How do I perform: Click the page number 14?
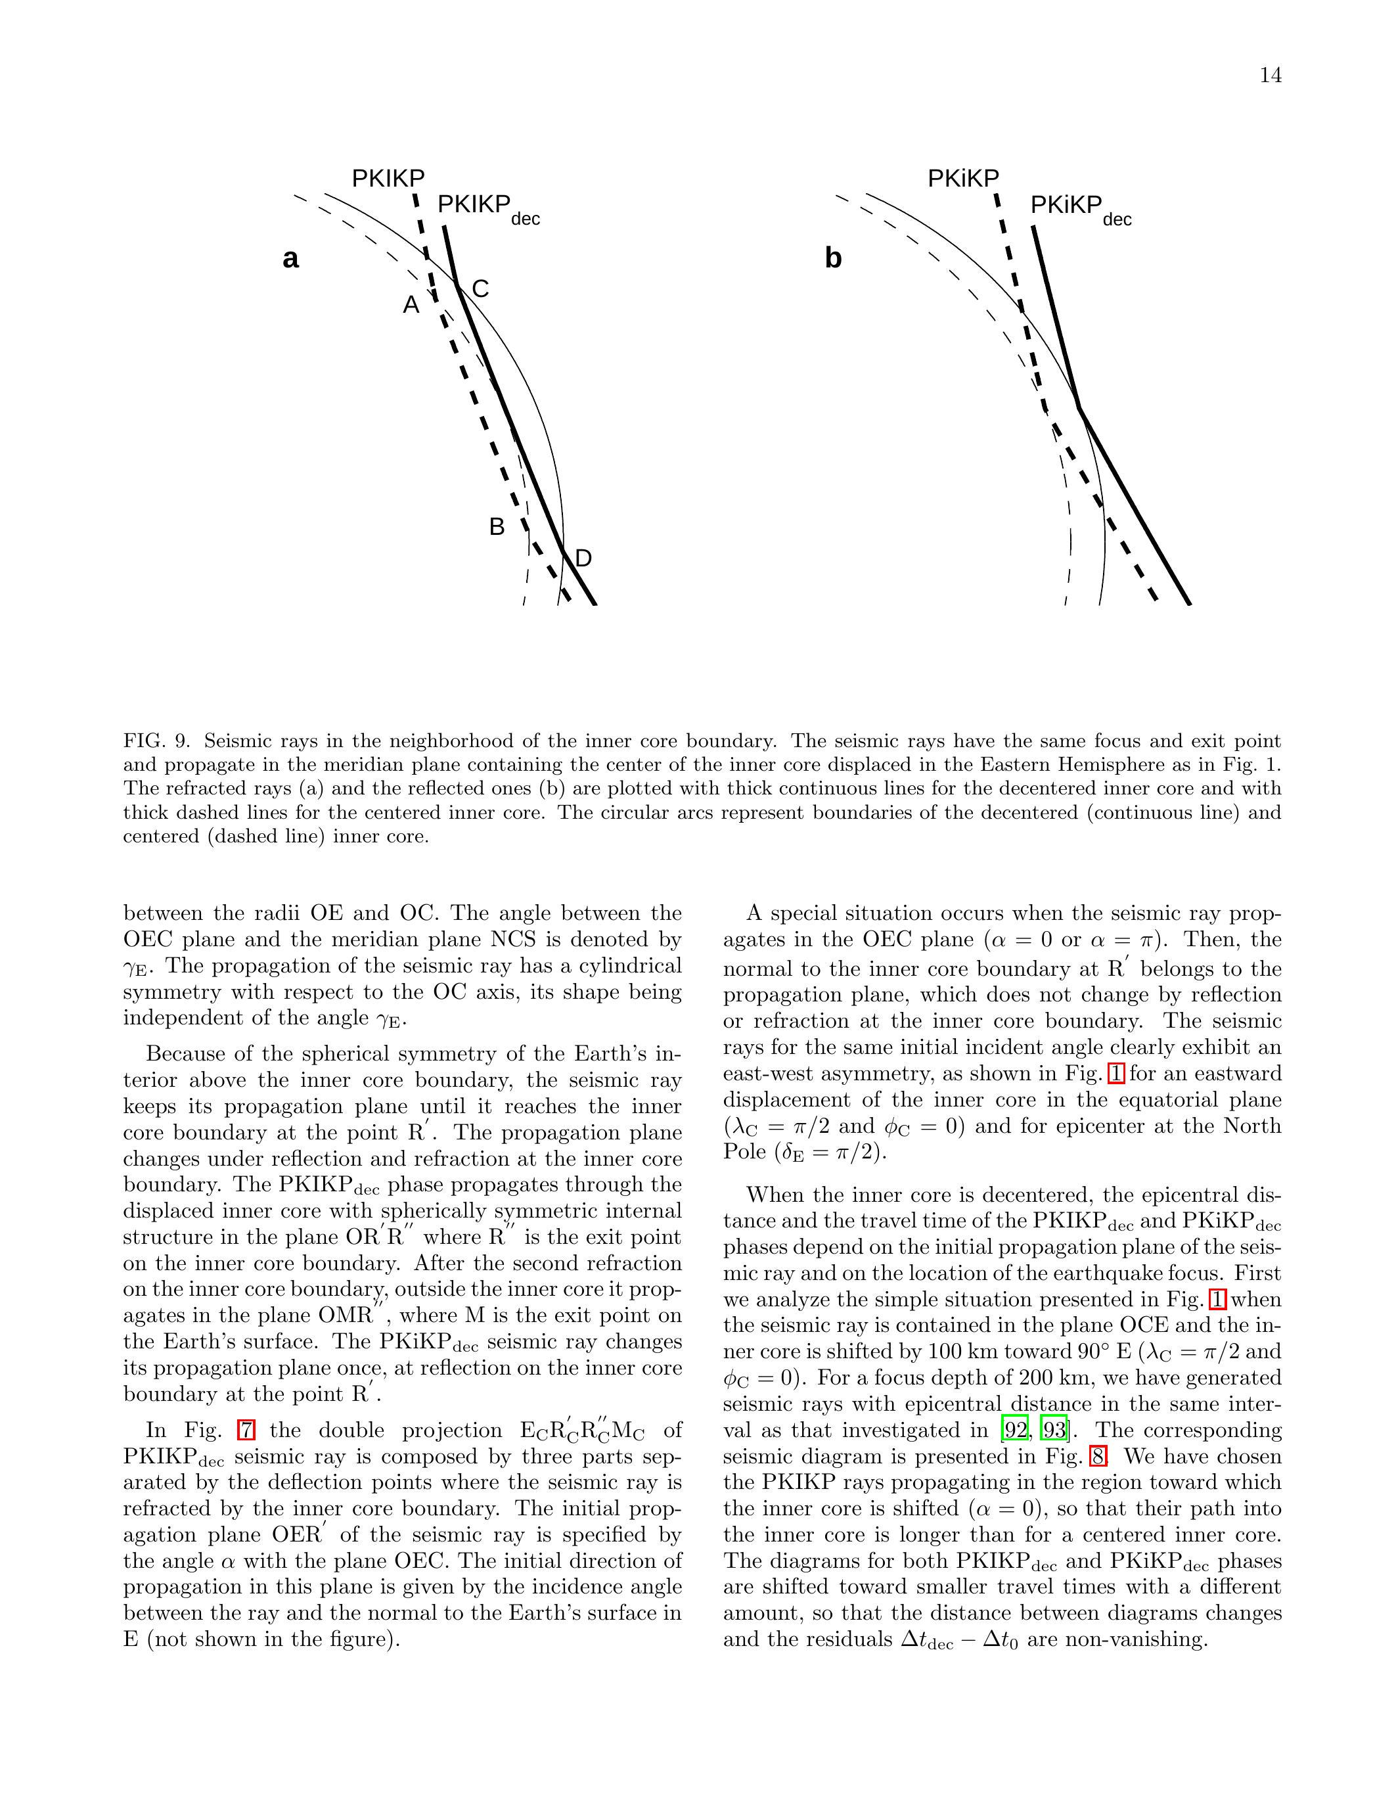[1271, 76]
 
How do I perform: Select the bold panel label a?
[290, 259]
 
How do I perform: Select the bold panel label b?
[833, 259]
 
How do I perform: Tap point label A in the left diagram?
[411, 306]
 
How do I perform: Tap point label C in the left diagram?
[480, 288]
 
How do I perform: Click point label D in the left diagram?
[583, 559]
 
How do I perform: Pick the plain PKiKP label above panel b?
[964, 178]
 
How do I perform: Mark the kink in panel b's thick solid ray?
[1079, 407]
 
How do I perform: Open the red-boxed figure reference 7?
[246, 1430]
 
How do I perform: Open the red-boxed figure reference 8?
[1096, 1456]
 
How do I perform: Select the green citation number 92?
[1015, 1430]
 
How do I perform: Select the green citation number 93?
[1054, 1430]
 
